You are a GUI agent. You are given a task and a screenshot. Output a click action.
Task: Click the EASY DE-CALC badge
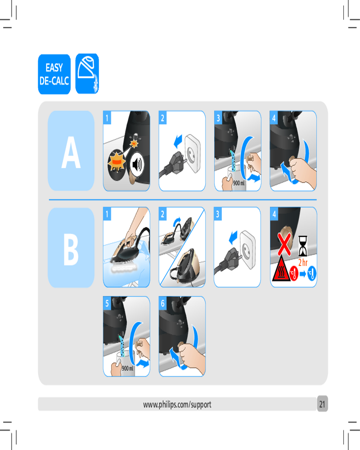point(54,74)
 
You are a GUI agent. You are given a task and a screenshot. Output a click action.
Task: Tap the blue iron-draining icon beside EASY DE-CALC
point(87,73)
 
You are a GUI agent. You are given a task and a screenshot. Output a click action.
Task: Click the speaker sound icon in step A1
point(137,165)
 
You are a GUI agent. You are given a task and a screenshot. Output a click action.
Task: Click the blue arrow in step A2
point(178,140)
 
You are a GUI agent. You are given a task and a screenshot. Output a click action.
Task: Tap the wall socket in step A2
point(192,153)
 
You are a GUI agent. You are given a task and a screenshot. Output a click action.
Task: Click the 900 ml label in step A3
point(239,183)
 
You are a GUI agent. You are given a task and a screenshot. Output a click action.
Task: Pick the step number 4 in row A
point(274,118)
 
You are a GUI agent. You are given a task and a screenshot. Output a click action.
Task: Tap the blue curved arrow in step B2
point(177,222)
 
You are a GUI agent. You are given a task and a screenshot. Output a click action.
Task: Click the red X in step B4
point(284,244)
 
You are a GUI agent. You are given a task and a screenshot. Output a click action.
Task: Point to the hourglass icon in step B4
point(303,246)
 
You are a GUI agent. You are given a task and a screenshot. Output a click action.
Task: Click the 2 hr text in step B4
point(303,262)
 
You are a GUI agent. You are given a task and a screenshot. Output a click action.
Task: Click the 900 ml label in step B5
point(127,368)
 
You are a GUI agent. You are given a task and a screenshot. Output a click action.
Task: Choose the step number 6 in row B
point(163,303)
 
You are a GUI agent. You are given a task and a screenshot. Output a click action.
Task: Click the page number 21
point(322,404)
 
